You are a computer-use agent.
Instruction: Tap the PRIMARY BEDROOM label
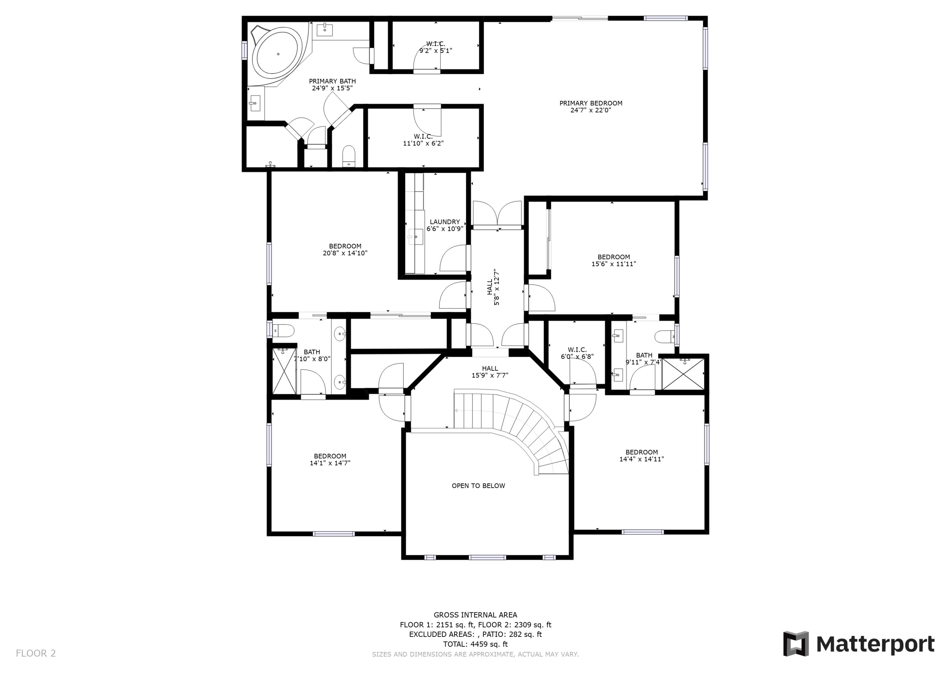coord(591,103)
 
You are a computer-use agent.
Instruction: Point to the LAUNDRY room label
coord(444,222)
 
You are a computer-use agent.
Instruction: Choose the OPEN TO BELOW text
coord(478,485)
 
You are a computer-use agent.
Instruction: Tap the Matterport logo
coord(859,644)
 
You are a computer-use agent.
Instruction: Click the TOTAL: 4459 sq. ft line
coord(475,644)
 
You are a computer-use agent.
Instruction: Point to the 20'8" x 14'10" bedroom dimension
coord(345,253)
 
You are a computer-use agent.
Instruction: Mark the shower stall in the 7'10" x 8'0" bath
coord(284,371)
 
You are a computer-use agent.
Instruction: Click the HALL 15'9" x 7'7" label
coord(490,372)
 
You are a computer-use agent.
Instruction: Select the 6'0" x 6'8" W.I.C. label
coord(577,353)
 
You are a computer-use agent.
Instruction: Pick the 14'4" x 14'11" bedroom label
coord(642,455)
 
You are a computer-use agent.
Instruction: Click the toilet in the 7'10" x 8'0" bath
coord(283,331)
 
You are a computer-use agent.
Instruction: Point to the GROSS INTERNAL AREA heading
coord(475,615)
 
